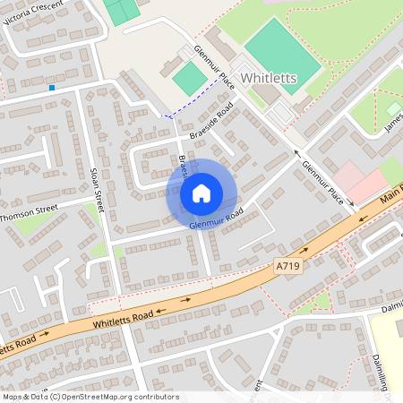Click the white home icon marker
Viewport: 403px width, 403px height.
pyautogui.click(x=201, y=193)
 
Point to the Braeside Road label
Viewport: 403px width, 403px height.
pyautogui.click(x=211, y=121)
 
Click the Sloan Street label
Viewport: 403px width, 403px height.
pyautogui.click(x=98, y=189)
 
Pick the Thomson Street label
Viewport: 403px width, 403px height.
pyautogui.click(x=29, y=212)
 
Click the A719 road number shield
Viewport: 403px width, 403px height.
pyautogui.click(x=285, y=265)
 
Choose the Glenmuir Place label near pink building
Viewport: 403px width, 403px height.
pyautogui.click(x=322, y=184)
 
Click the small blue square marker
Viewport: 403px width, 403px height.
pyautogui.click(x=52, y=88)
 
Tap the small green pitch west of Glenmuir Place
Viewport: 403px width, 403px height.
pyautogui.click(x=189, y=79)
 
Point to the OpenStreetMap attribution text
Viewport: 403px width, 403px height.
pyautogui.click(x=90, y=396)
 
